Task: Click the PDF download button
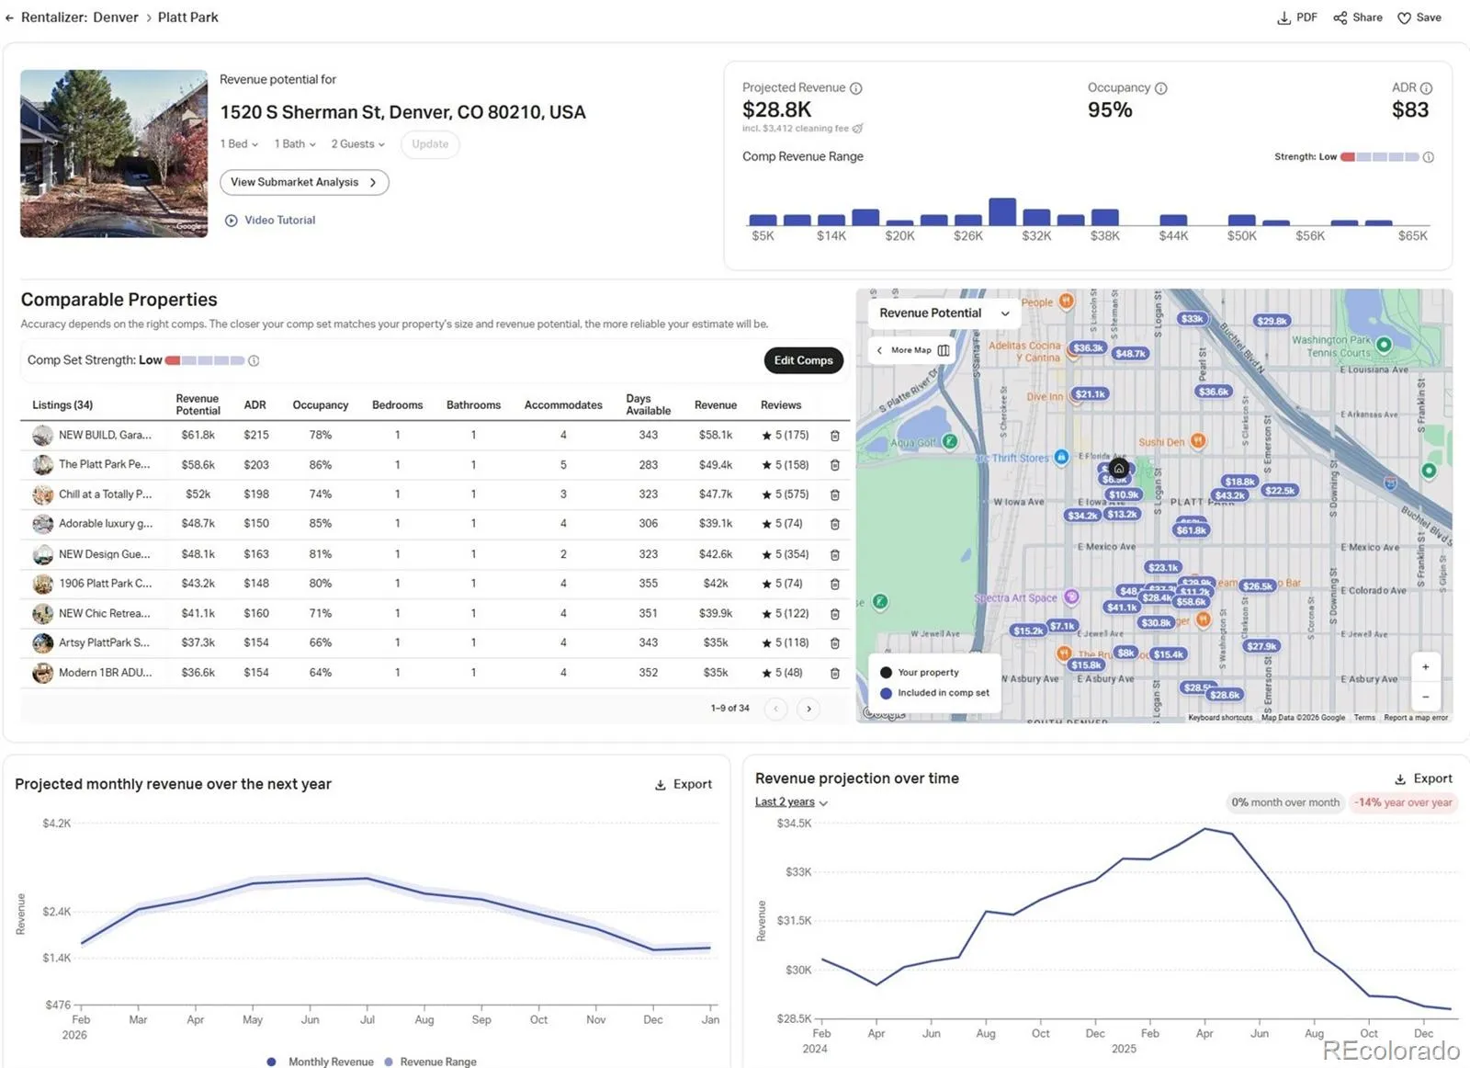(1297, 17)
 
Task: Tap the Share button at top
(1358, 17)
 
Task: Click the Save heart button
(1419, 17)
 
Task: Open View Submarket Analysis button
(304, 182)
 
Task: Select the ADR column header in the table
(254, 404)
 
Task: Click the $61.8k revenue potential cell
(198, 435)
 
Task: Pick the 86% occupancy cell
(320, 465)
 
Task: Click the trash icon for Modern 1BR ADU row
(834, 673)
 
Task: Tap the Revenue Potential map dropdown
(944, 313)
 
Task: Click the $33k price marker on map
(1192, 319)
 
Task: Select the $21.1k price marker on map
(1091, 394)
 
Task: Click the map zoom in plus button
(1425, 667)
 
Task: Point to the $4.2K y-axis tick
(56, 824)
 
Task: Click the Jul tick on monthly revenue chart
(367, 1019)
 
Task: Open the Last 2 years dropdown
(791, 802)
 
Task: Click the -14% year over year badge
(1403, 802)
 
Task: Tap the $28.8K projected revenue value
(776, 110)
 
